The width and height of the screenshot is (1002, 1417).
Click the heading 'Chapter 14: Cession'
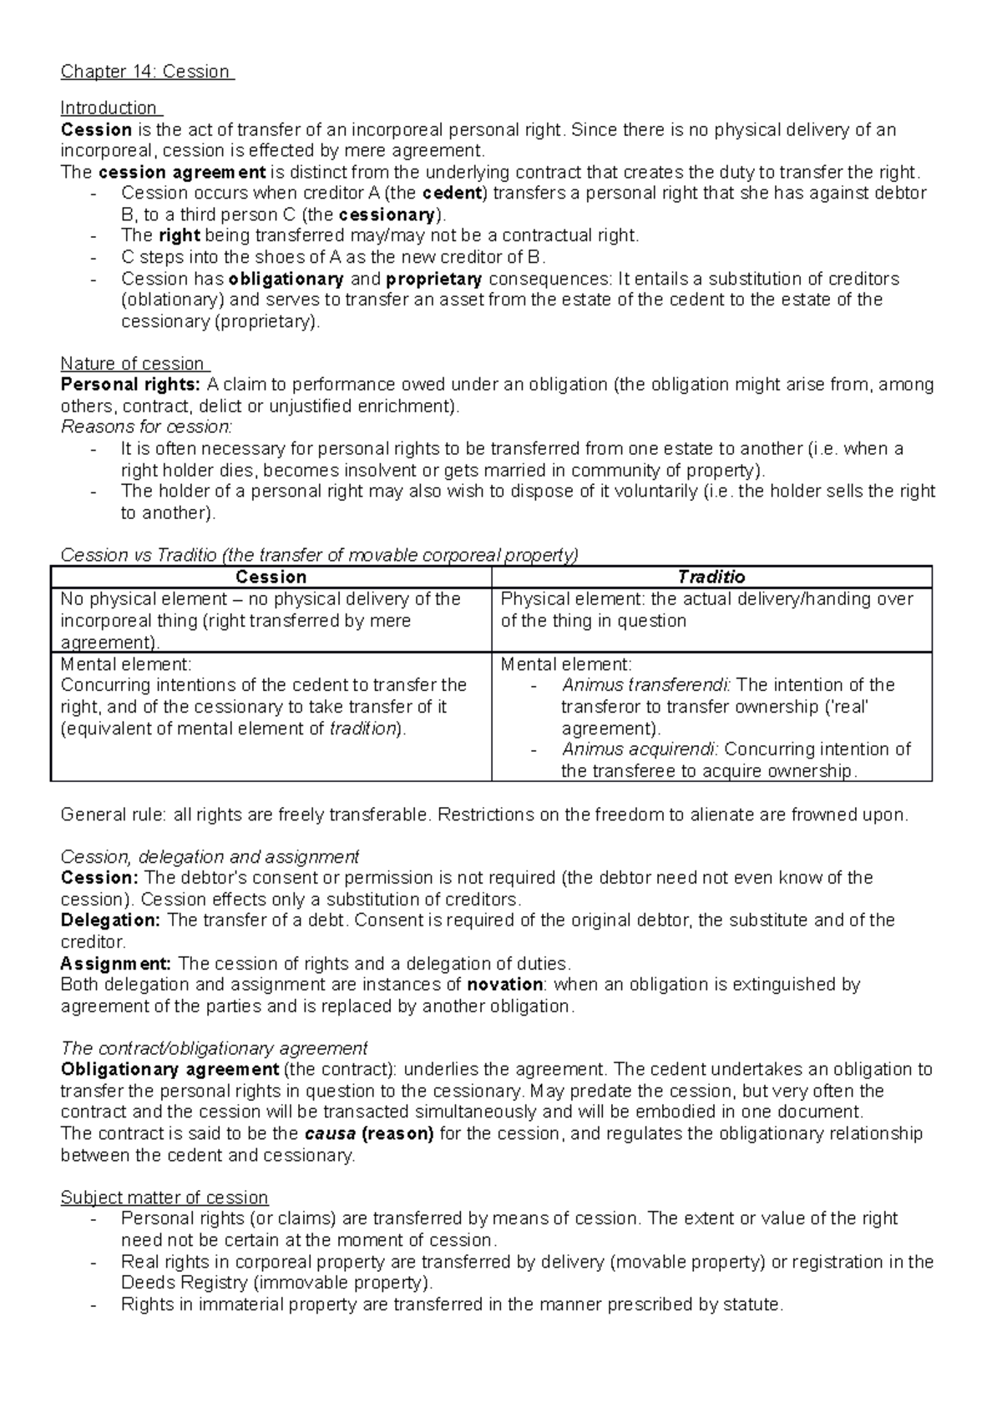(x=146, y=72)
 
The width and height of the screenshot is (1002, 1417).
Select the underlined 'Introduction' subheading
(x=109, y=108)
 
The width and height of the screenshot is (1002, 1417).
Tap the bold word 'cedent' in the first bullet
(x=453, y=194)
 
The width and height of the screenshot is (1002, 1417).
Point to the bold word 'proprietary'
(x=434, y=279)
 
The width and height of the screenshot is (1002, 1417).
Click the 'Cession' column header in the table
(x=271, y=577)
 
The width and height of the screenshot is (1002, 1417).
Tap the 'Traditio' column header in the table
(x=711, y=577)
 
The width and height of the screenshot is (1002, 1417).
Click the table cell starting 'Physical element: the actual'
(x=706, y=610)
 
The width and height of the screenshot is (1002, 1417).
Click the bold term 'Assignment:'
(x=117, y=964)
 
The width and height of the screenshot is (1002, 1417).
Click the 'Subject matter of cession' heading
(x=164, y=1198)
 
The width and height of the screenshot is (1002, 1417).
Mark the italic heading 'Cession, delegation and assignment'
(x=210, y=857)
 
